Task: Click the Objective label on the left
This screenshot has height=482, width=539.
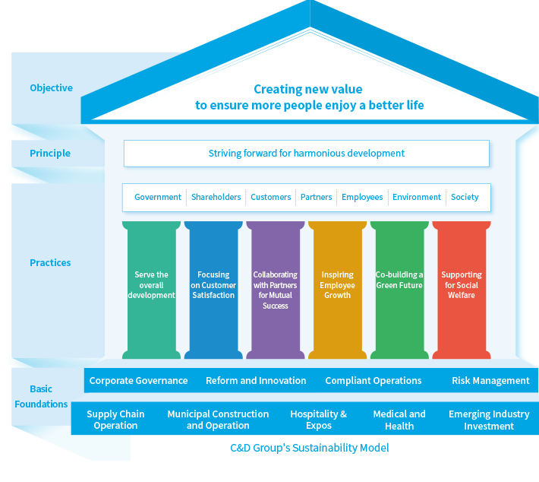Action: [51, 88]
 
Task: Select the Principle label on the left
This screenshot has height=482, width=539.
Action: [50, 154]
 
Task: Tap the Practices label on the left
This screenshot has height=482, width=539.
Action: [50, 263]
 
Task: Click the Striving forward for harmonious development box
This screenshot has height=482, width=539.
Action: [307, 154]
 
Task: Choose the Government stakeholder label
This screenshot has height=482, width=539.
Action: [158, 197]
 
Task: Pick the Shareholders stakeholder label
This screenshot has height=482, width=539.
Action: [216, 197]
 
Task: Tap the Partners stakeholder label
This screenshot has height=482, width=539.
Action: [316, 197]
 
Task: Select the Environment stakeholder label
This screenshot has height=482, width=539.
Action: [417, 197]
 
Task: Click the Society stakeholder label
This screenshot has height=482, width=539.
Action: [465, 197]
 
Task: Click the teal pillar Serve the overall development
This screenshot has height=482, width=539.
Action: [151, 289]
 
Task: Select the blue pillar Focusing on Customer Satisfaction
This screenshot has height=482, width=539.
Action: [213, 289]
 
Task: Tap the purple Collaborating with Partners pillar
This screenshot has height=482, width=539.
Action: [275, 289]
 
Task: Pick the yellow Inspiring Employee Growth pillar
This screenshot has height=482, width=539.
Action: [337, 289]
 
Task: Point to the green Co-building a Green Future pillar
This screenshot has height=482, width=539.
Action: [399, 289]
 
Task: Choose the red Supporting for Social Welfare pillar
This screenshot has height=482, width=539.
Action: [461, 289]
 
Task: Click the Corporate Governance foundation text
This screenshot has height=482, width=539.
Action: [138, 381]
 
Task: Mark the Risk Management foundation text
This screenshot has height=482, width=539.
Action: [490, 381]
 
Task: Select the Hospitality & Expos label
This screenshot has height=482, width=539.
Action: [318, 420]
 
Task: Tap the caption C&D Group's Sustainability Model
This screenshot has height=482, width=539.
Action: [310, 449]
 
